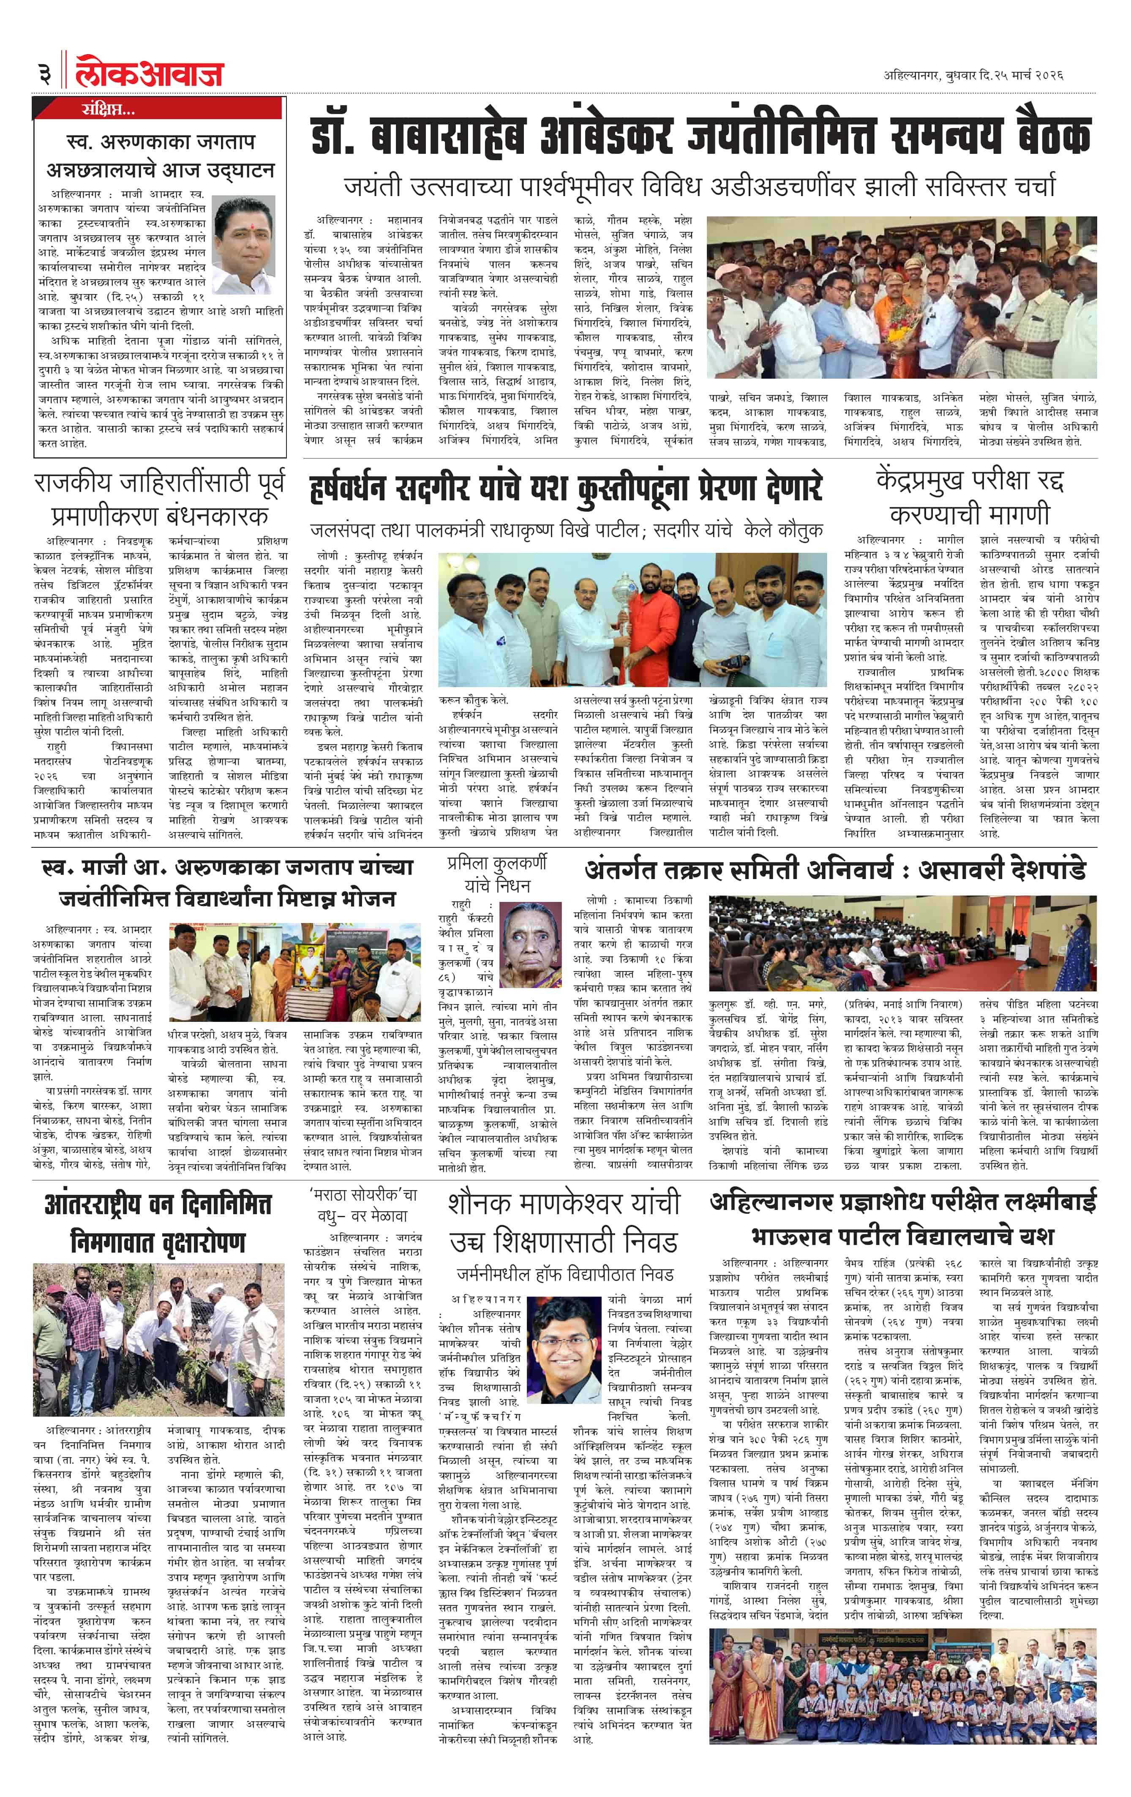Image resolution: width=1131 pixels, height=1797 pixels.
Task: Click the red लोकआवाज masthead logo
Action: tap(149, 73)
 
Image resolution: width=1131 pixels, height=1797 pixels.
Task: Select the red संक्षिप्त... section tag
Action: tap(108, 110)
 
